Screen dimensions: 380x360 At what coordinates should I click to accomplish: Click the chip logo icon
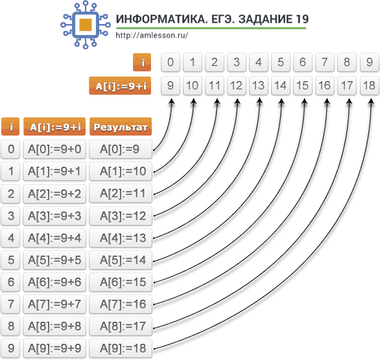tap(86, 25)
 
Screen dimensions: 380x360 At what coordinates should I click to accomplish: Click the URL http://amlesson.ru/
tap(152, 36)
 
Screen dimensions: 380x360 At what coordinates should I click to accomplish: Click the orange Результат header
tap(121, 126)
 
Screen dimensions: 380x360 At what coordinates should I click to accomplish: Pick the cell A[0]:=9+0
tap(54, 149)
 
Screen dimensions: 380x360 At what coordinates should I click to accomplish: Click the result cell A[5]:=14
tap(121, 260)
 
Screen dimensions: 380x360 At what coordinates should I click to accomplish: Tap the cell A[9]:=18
tap(121, 348)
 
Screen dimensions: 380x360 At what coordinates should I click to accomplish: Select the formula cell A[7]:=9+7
tap(54, 304)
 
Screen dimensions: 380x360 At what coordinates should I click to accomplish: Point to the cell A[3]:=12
tap(121, 216)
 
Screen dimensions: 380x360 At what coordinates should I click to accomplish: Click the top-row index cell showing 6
tap(303, 62)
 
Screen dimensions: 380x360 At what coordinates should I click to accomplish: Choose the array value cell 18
tap(370, 86)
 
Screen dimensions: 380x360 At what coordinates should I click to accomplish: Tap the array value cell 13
tap(259, 86)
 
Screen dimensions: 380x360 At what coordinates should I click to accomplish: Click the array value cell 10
tap(193, 86)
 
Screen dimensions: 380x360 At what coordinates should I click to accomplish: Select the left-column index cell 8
tap(10, 326)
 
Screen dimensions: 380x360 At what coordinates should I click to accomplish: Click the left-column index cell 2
tap(10, 194)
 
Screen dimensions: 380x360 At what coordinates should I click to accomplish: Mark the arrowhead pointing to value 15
tap(305, 101)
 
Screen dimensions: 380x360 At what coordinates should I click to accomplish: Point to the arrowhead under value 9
tap(172, 101)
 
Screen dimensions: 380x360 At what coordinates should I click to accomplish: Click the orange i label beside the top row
tap(142, 62)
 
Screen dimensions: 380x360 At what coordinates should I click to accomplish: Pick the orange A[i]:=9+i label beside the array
tap(120, 86)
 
